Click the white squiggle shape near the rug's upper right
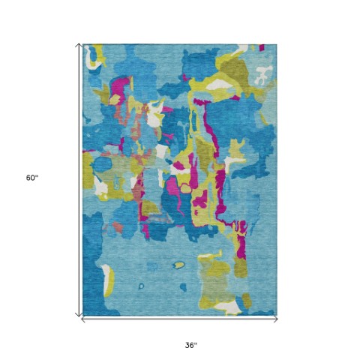coord(262,74)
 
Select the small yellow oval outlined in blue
coord(178,264)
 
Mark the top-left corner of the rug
coord(83,44)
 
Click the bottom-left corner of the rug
coord(83,315)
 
